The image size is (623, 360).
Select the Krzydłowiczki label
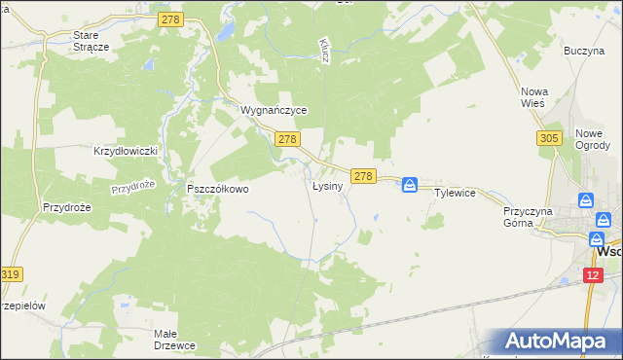coord(126,152)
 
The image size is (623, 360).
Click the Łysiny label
coord(327,186)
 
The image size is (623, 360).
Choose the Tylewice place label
coord(455,193)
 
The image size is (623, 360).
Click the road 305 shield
coord(548,139)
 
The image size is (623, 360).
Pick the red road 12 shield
coord(595,275)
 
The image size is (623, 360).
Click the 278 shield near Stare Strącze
coord(170,18)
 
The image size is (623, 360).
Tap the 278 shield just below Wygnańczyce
coord(286,140)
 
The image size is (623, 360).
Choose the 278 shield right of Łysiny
coord(364,175)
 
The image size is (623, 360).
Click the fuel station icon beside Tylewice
coord(411,184)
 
